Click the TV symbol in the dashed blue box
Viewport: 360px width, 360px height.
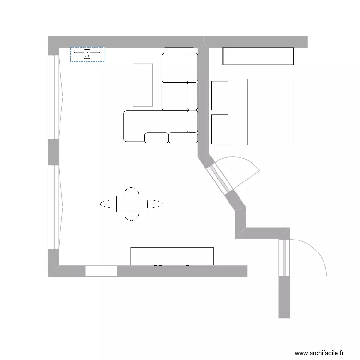point(87,54)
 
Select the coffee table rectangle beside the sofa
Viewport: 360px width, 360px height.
point(143,84)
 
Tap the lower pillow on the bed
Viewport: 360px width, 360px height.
point(220,129)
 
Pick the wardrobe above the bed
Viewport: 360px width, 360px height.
point(258,56)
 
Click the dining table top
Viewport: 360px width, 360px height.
point(131,204)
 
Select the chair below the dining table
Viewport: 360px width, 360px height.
point(131,216)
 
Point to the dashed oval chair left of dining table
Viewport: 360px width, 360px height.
point(108,204)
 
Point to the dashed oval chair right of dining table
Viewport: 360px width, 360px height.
point(155,204)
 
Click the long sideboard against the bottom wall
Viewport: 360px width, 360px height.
point(172,256)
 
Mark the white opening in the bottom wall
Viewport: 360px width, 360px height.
point(101,271)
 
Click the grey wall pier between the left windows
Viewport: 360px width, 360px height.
point(53,152)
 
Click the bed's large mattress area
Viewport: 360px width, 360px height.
point(269,112)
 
